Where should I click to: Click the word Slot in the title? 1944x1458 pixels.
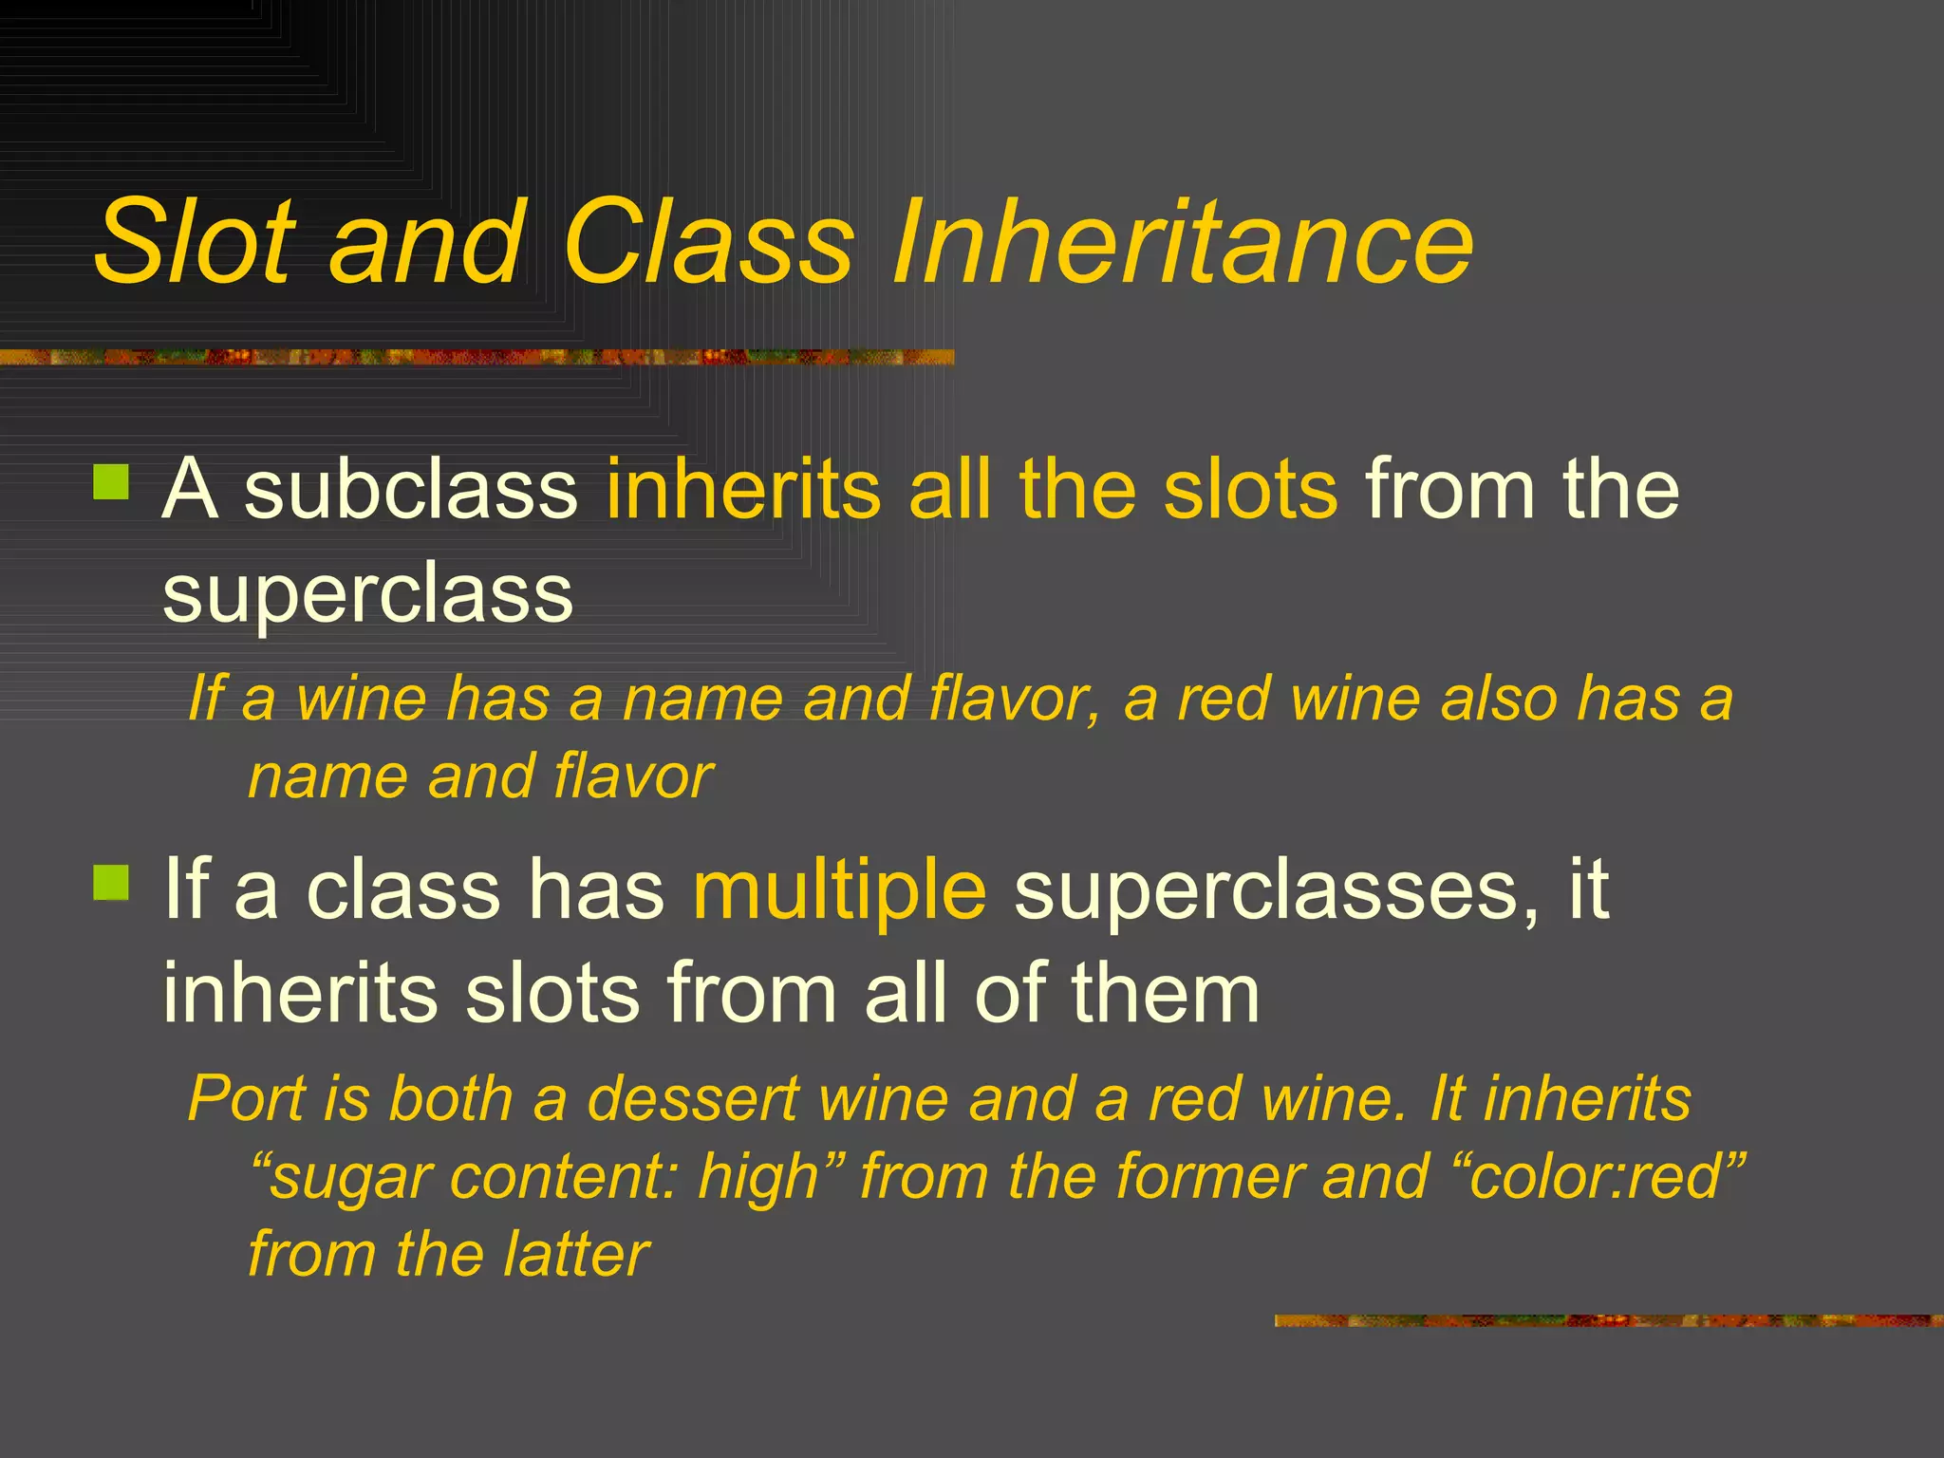pyautogui.click(x=195, y=242)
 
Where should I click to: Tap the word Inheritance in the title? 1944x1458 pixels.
pyautogui.click(x=1182, y=242)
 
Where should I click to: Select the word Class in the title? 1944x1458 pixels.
pyautogui.click(x=708, y=242)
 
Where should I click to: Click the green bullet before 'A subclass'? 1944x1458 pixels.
pyautogui.click(x=111, y=481)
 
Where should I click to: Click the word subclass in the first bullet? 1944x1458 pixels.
pyautogui.click(x=411, y=490)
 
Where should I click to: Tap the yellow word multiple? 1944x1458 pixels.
pyautogui.click(x=839, y=892)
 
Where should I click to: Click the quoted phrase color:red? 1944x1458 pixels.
pyautogui.click(x=1597, y=1177)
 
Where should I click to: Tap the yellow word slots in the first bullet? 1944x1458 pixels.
pyautogui.click(x=1250, y=490)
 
